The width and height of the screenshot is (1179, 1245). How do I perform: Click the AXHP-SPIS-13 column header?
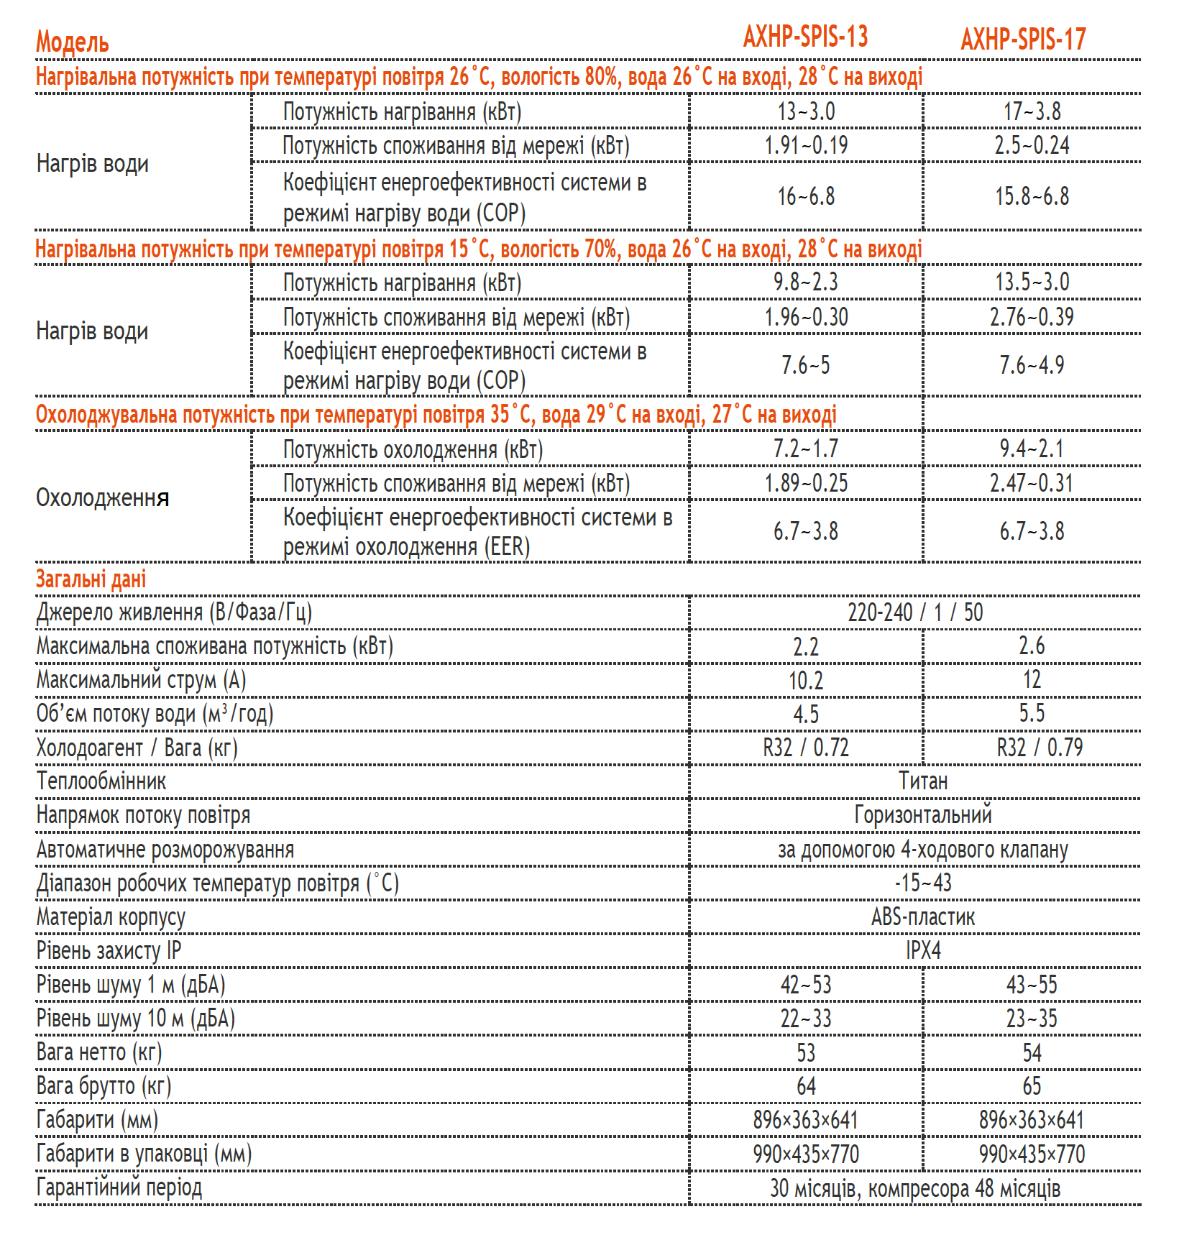pyautogui.click(x=805, y=37)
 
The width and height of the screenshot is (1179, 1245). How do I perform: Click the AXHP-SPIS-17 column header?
pyautogui.click(x=1023, y=40)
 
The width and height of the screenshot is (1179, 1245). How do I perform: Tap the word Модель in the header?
pyautogui.click(x=73, y=42)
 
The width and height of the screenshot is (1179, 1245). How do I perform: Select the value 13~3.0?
pyautogui.click(x=806, y=111)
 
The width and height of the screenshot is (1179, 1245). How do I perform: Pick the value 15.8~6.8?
pyautogui.click(x=1032, y=196)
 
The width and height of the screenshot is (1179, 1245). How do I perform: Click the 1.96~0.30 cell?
pyautogui.click(x=806, y=317)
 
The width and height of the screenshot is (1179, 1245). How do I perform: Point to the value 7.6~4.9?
pyautogui.click(x=1032, y=365)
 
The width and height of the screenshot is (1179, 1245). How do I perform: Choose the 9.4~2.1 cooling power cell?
pyautogui.click(x=1032, y=449)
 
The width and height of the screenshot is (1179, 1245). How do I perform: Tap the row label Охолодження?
pyautogui.click(x=103, y=497)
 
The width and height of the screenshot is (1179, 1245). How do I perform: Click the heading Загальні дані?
pyautogui.click(x=91, y=579)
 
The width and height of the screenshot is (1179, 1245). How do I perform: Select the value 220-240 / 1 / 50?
pyautogui.click(x=914, y=612)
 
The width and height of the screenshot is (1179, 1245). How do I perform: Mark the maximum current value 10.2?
pyautogui.click(x=806, y=680)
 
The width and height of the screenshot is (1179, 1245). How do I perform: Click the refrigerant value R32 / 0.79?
pyautogui.click(x=1040, y=748)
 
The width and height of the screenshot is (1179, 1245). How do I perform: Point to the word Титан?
pyautogui.click(x=923, y=781)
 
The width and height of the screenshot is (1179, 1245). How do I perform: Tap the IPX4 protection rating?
pyautogui.click(x=923, y=950)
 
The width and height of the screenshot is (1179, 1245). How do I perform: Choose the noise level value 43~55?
pyautogui.click(x=1032, y=985)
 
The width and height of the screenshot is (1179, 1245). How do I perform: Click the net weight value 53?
pyautogui.click(x=806, y=1053)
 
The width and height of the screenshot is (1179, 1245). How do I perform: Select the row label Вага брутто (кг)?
pyautogui.click(x=104, y=1086)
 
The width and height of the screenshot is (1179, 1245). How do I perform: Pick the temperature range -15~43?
pyautogui.click(x=923, y=883)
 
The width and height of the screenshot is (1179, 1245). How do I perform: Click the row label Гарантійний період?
pyautogui.click(x=119, y=1187)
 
